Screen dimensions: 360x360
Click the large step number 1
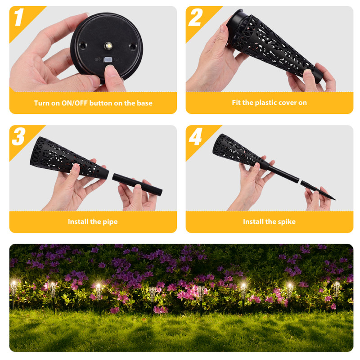[x=19, y=17]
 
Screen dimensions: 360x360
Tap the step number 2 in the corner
[x=195, y=17]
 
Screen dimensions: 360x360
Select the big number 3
[x=18, y=136]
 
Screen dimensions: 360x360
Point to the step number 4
[x=195, y=137]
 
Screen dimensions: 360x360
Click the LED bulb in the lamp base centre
[x=108, y=46]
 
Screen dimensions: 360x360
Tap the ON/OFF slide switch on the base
[x=108, y=60]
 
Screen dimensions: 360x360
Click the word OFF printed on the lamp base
[x=98, y=60]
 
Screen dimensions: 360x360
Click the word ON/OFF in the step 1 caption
[x=74, y=103]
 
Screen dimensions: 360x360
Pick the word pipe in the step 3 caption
[x=110, y=222]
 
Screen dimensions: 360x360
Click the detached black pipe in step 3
[x=137, y=184]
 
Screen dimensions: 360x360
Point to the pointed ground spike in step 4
[x=318, y=190]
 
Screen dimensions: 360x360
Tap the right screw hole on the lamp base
[x=132, y=47]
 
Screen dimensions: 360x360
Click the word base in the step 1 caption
[x=144, y=103]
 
